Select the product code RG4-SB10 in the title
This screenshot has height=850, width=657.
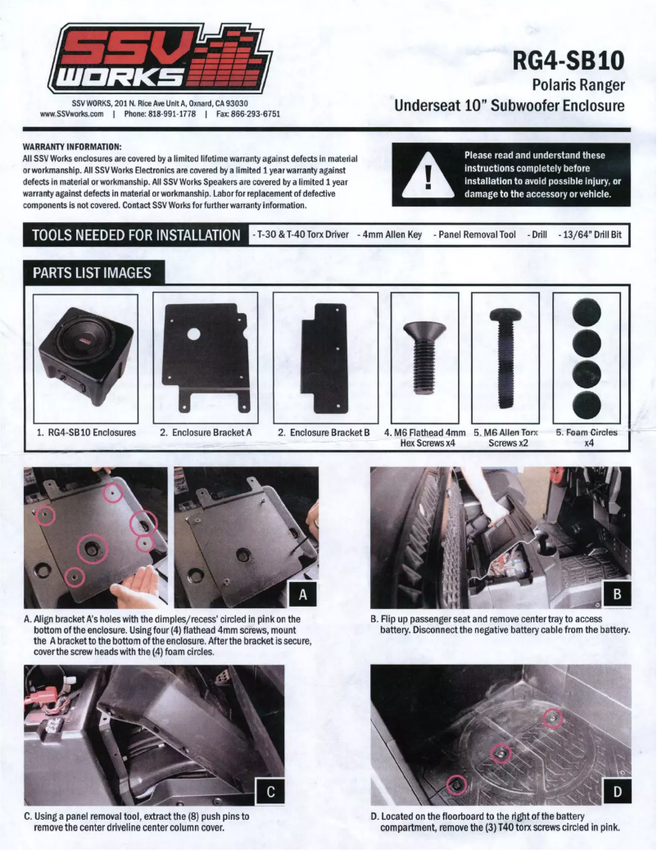(x=569, y=61)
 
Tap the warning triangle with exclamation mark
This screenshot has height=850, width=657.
(x=428, y=175)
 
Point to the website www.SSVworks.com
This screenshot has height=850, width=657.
(x=71, y=115)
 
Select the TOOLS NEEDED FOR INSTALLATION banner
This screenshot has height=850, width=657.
(x=135, y=235)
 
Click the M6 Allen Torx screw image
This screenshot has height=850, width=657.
(x=505, y=359)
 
